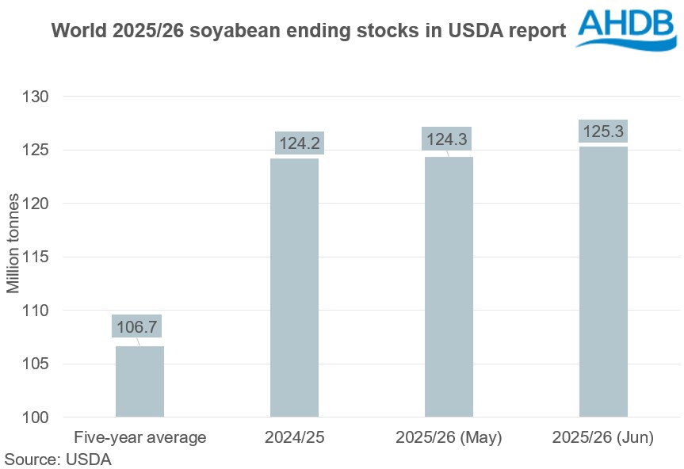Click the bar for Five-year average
pos(139,381)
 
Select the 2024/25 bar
pos(294,288)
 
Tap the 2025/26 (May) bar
pos(449,287)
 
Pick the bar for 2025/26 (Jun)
pos(603,282)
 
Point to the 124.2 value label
pos(300,143)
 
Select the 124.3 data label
pos(447,139)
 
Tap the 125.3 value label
pos(603,131)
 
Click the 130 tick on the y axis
pos(36,97)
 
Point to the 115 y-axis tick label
pos(36,257)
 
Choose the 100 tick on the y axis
pos(36,418)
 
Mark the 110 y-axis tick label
pos(36,311)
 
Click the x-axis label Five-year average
pos(139,437)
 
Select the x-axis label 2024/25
pos(294,437)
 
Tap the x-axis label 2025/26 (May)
pos(449,437)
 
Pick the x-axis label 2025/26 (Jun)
pos(603,437)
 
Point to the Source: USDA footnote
pos(58,459)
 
